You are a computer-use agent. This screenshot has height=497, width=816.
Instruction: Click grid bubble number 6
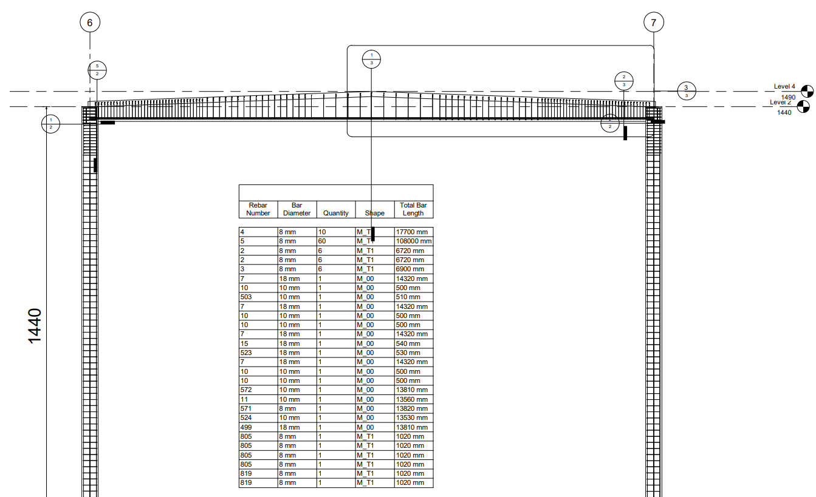tap(90, 23)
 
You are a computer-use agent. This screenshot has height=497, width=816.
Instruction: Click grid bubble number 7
tap(654, 23)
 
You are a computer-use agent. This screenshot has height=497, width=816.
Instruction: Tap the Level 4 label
tap(784, 87)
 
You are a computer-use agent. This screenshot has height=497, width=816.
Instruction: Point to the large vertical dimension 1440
tap(35, 326)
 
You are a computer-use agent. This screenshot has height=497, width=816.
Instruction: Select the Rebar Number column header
tap(258, 209)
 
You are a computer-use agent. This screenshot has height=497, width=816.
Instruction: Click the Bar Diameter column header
tap(297, 209)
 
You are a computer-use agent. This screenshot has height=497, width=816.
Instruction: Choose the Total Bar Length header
tap(413, 209)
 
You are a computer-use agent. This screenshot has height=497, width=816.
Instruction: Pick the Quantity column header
tap(336, 213)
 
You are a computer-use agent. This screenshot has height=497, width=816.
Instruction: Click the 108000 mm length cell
tap(413, 242)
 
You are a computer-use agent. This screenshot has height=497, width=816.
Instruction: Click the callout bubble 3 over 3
tap(686, 91)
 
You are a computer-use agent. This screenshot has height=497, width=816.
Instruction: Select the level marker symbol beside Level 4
tap(807, 91)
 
